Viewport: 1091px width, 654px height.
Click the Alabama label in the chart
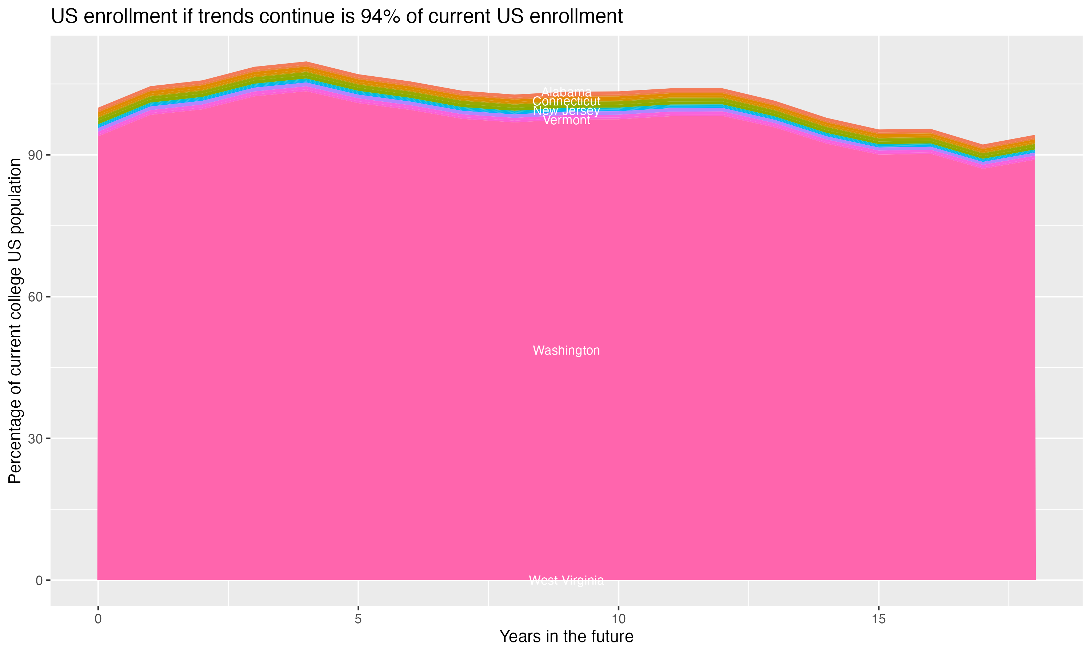coord(566,92)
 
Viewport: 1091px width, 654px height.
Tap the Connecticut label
coord(566,101)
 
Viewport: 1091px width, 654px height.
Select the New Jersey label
coord(566,110)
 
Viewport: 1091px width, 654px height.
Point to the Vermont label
coord(566,120)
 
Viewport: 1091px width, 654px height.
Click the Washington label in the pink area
coord(566,350)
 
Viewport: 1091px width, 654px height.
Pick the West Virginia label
coord(566,580)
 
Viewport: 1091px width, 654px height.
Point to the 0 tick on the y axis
coord(40,580)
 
